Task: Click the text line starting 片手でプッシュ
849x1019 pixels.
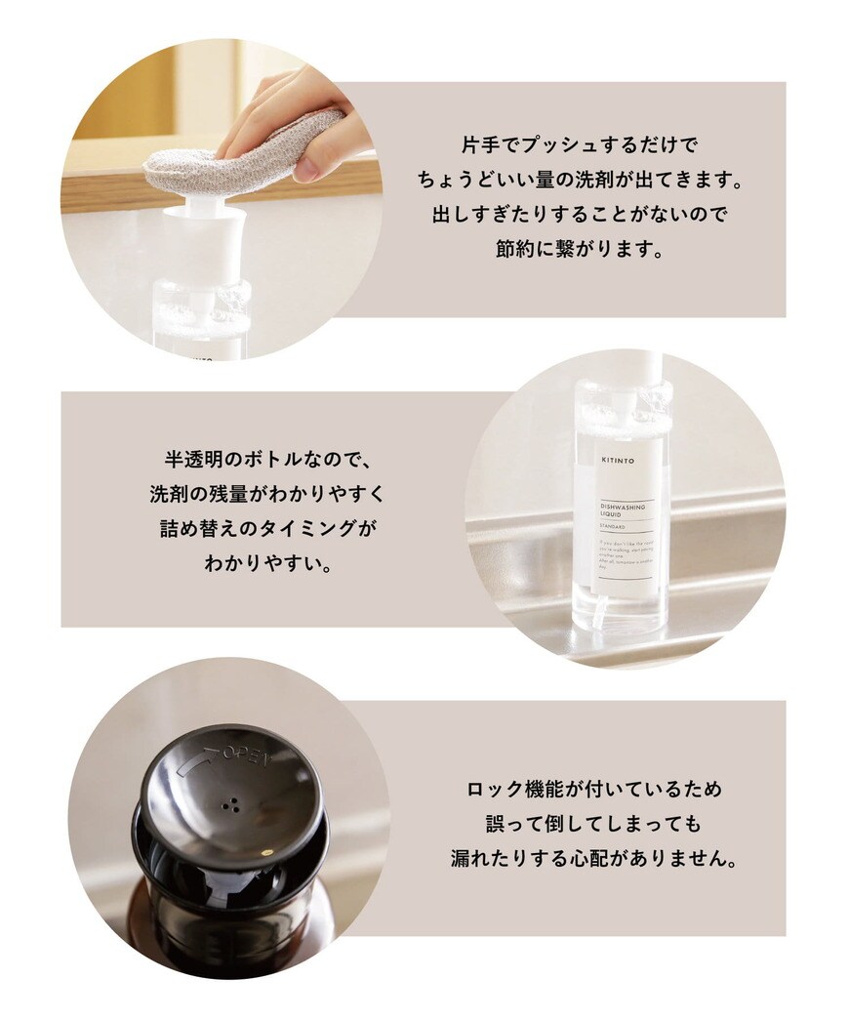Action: click(580, 145)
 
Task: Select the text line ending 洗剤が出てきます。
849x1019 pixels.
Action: click(580, 180)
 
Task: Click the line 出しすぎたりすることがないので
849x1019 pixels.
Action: click(580, 214)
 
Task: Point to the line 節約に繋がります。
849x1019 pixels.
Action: click(580, 248)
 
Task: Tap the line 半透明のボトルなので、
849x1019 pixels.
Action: click(265, 459)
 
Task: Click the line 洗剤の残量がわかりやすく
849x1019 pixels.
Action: click(265, 493)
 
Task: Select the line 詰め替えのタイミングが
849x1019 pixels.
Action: click(265, 528)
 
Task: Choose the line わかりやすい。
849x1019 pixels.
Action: click(265, 562)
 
